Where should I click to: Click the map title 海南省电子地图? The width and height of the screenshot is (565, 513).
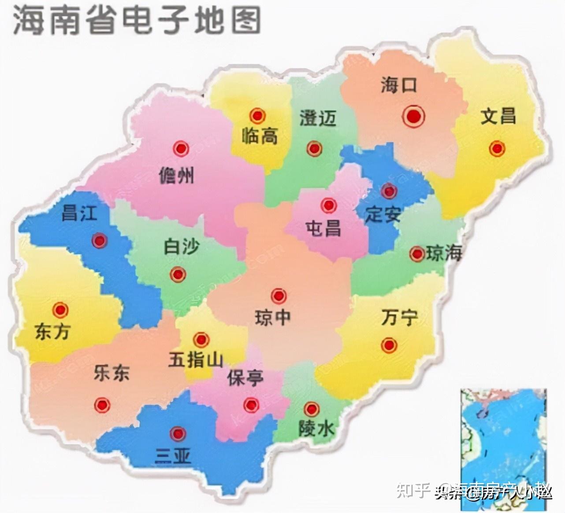pyautogui.click(x=137, y=21)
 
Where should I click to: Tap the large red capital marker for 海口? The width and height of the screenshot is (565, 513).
pyautogui.click(x=413, y=117)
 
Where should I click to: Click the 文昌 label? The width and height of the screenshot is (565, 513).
pyautogui.click(x=498, y=116)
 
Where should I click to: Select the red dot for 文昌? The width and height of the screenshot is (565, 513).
pyautogui.click(x=497, y=149)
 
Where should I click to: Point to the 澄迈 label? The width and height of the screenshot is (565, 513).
pyautogui.click(x=318, y=118)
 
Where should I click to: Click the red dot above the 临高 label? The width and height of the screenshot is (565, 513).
pyautogui.click(x=257, y=116)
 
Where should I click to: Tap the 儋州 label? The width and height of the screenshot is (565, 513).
pyautogui.click(x=176, y=176)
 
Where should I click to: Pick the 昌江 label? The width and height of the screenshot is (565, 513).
pyautogui.click(x=79, y=213)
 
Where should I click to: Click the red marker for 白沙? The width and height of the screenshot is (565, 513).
pyautogui.click(x=178, y=275)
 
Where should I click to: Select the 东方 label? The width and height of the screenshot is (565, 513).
pyautogui.click(x=52, y=332)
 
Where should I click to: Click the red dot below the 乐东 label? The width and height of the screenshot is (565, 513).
pyautogui.click(x=102, y=404)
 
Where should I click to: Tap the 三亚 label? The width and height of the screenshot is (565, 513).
pyautogui.click(x=173, y=457)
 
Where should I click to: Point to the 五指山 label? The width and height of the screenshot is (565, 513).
pyautogui.click(x=196, y=360)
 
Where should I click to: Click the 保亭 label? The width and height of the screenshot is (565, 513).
pyautogui.click(x=245, y=378)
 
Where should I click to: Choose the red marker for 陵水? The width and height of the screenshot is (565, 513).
pyautogui.click(x=312, y=409)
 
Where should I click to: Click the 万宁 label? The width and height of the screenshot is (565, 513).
pyautogui.click(x=399, y=317)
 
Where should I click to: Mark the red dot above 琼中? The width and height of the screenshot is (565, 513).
pyautogui.click(x=279, y=296)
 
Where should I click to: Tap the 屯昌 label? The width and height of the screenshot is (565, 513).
pyautogui.click(x=323, y=228)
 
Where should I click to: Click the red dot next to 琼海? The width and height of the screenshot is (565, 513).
pyautogui.click(x=416, y=254)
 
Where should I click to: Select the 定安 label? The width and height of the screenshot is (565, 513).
pyautogui.click(x=383, y=215)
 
